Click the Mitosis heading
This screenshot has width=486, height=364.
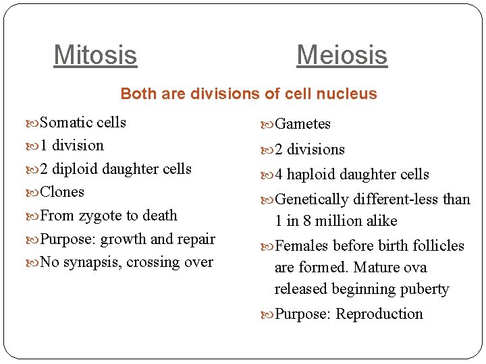(x=95, y=55)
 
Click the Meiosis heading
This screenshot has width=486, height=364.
(x=342, y=55)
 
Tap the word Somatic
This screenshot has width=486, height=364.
(x=66, y=123)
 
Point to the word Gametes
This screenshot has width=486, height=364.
(x=303, y=124)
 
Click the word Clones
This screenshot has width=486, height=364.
(x=62, y=192)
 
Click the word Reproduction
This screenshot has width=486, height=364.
(x=379, y=314)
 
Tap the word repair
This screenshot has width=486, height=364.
(x=196, y=239)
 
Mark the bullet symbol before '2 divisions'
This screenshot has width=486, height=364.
(x=269, y=150)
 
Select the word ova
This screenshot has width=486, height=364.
(x=414, y=268)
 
